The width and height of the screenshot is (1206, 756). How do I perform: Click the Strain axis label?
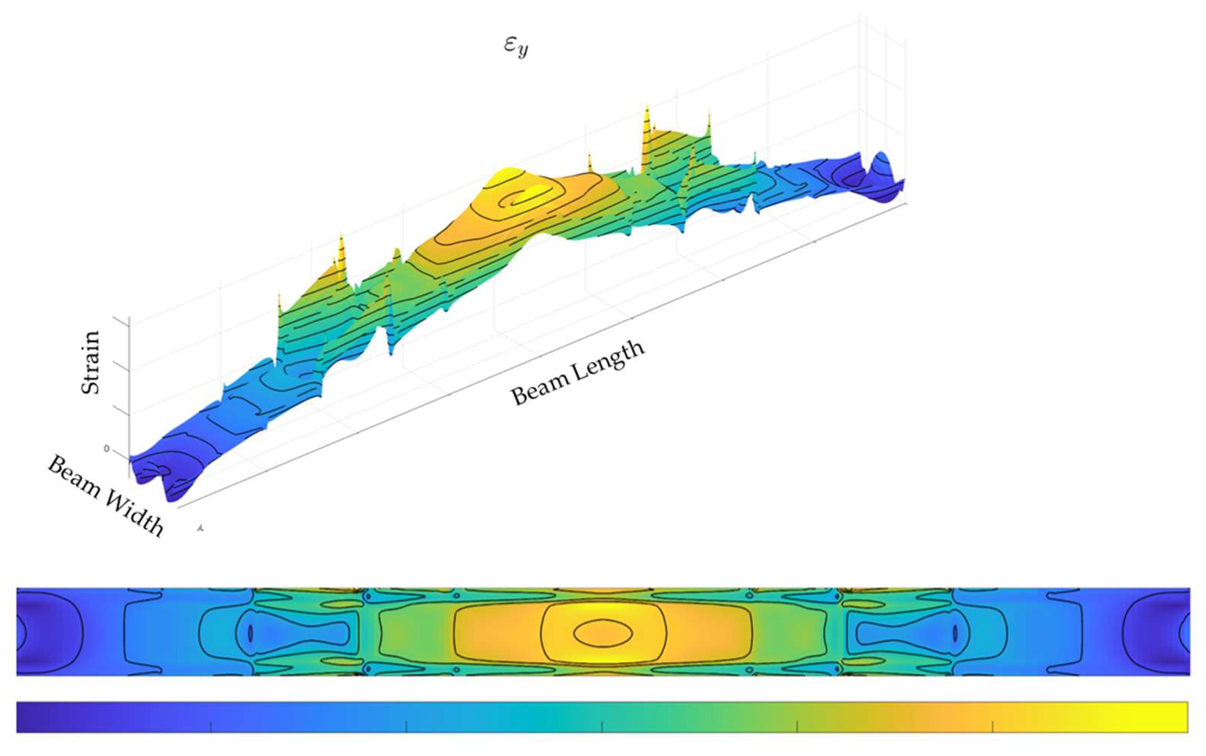pos(91,362)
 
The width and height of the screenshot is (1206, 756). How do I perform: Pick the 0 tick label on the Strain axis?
pos(106,449)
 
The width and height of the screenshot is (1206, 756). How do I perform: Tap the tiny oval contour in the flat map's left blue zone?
pos(251,634)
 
